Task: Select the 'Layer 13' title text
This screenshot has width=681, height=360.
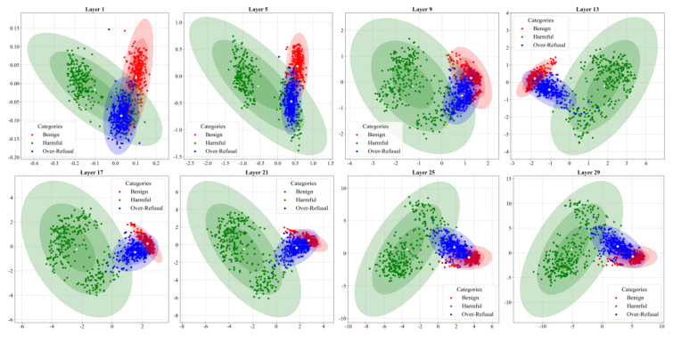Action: (x=588, y=9)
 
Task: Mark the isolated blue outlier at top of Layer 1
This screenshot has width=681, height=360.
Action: (x=109, y=29)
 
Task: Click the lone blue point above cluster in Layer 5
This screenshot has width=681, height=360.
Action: (x=278, y=56)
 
